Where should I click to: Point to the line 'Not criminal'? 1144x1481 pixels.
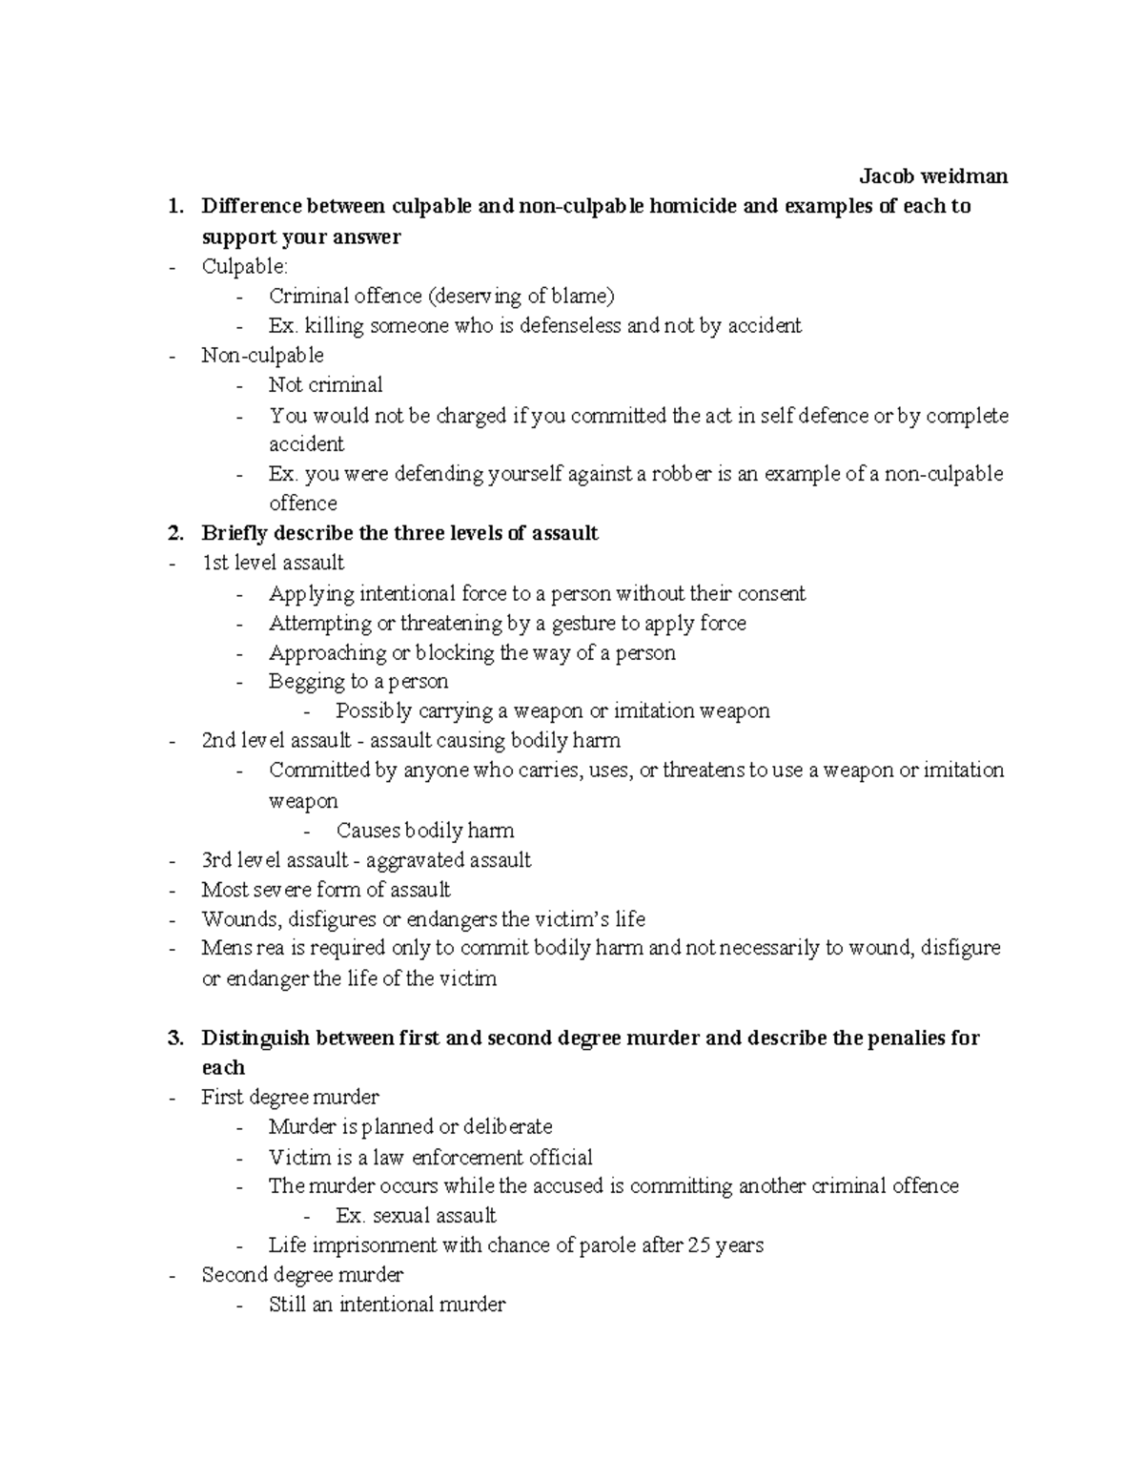[325, 385]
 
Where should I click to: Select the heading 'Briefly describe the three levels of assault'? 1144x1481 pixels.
[399, 533]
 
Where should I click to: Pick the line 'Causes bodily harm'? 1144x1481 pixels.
[425, 831]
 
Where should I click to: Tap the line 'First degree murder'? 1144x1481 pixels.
[290, 1098]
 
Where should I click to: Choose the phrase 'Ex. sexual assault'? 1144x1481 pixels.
[416, 1216]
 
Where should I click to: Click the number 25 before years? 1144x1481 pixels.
[699, 1245]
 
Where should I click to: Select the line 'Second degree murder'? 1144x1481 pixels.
[302, 1275]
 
